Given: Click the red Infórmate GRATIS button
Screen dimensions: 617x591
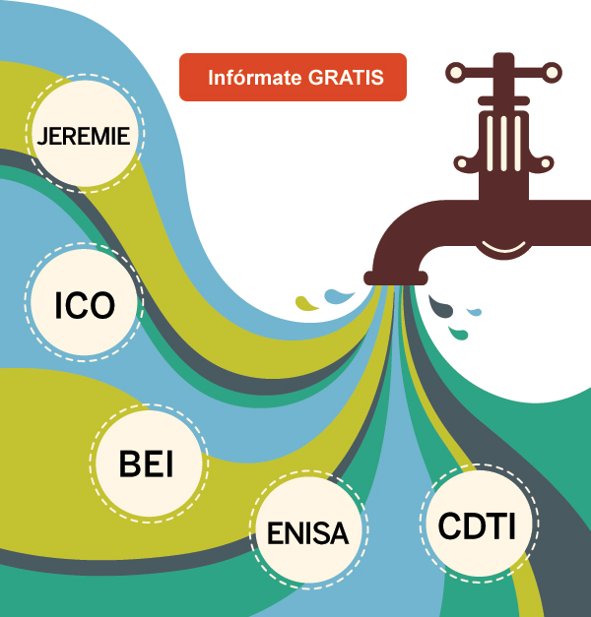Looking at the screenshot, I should point(293,77).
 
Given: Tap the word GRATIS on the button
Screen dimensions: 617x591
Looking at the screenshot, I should point(344,77).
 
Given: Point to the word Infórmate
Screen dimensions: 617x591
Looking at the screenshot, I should point(253,77).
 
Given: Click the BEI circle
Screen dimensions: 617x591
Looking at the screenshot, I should point(147,464).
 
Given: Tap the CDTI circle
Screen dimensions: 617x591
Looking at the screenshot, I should point(477,523).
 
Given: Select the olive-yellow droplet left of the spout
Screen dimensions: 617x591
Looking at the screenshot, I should point(308,302).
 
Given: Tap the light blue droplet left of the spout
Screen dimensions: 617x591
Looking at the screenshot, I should point(340,295).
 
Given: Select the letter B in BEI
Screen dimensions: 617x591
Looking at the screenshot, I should point(129,464).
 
